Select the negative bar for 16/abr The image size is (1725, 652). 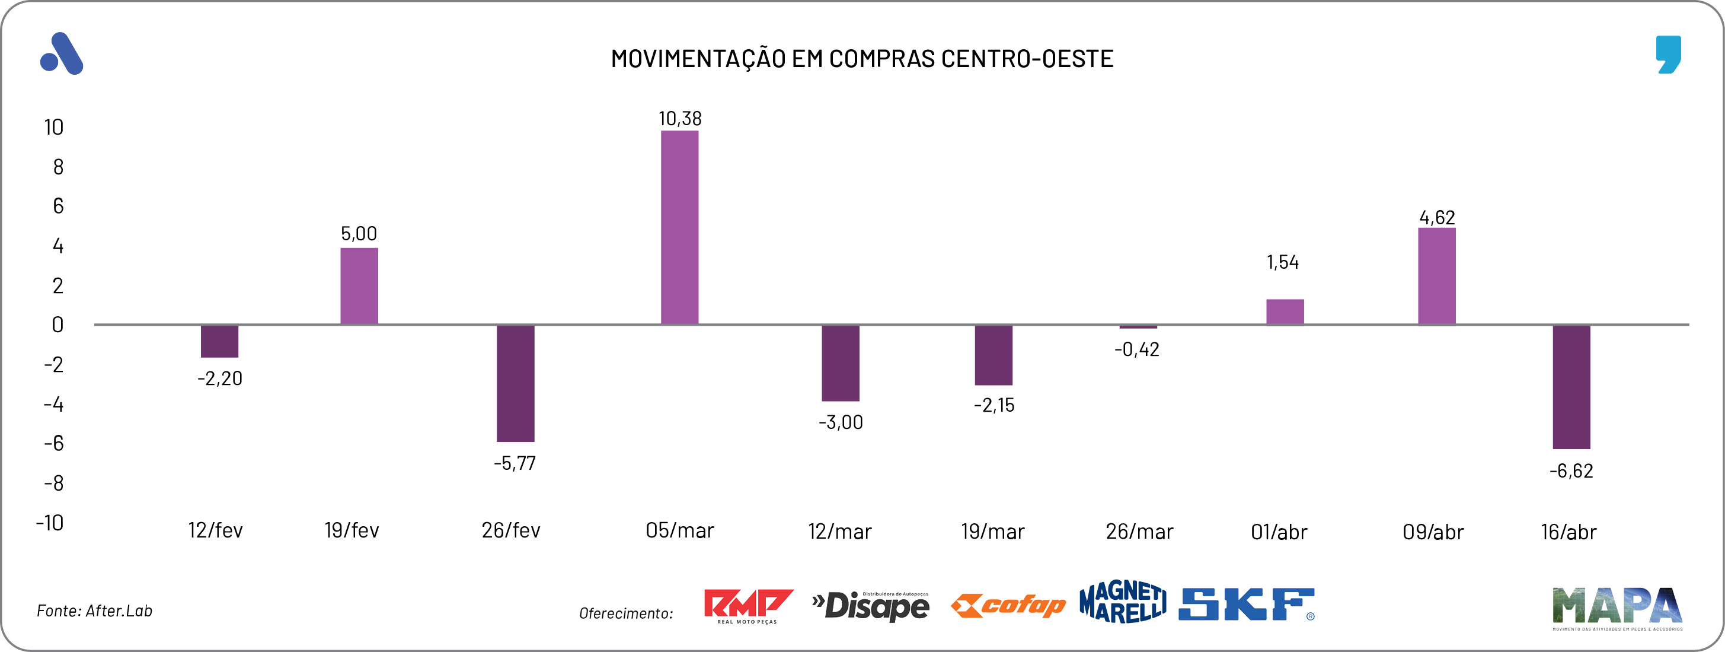coord(1571,387)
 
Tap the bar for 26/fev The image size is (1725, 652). coord(515,383)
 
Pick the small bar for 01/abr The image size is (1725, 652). coord(1285,312)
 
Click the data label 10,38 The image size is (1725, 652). coord(680,119)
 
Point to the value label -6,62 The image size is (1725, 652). coord(1571,471)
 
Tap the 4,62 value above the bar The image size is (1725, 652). coord(1437,218)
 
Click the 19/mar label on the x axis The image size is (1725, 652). coord(992,532)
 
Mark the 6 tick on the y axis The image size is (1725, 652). coord(58,206)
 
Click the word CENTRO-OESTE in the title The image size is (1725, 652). coord(1027,59)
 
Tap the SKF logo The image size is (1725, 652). coord(1246,605)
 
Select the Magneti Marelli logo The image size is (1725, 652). coord(1122,602)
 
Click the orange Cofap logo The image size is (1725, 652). coord(1008,606)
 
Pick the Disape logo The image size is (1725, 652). coord(871,606)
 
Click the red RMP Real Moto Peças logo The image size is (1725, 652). coord(747,606)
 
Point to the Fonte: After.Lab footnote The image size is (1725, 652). coord(94,611)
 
